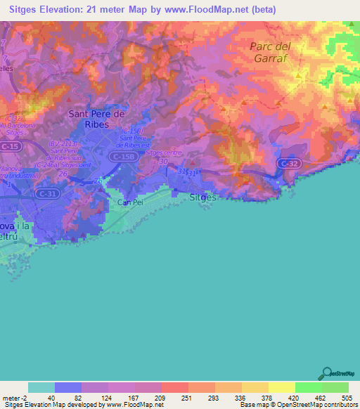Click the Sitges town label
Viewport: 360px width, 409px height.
point(203,197)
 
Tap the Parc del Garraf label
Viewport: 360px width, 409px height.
point(270,52)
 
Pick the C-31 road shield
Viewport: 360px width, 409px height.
point(47,194)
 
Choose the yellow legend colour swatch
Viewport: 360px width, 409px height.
point(281,387)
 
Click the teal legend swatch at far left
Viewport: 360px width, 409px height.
point(41,387)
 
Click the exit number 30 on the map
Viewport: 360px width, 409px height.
point(163,161)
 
